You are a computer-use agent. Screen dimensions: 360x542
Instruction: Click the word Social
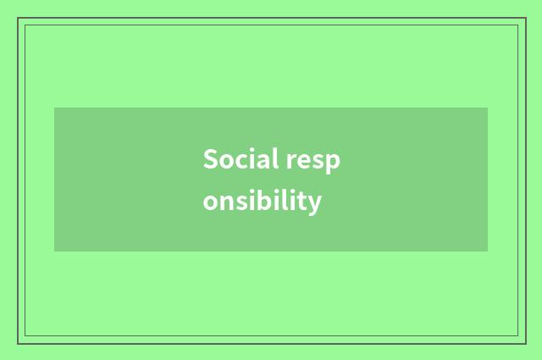coord(236,158)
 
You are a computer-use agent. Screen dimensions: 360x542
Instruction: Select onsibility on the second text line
coord(263,202)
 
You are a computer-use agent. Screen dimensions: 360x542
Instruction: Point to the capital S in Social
coord(210,158)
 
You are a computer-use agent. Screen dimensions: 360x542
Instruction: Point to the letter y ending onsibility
coord(314,205)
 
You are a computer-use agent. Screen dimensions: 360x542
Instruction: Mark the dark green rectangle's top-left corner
coord(54,108)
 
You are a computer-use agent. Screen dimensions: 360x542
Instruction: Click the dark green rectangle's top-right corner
coord(488,108)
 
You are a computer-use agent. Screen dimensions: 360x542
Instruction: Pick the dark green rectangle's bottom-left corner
coord(54,252)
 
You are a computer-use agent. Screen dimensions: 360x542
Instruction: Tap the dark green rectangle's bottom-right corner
coord(488,252)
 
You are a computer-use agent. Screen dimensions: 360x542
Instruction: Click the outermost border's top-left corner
coord(18,18)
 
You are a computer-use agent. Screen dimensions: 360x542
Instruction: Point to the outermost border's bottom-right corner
coord(525,343)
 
